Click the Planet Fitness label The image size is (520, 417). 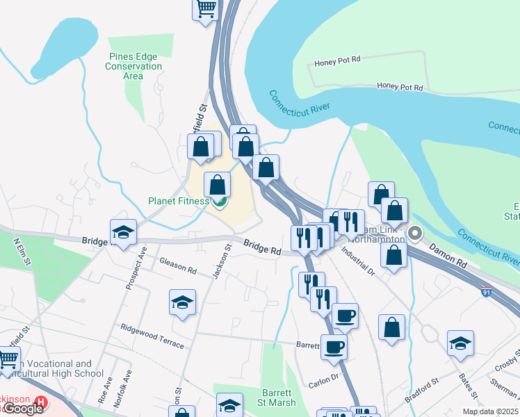coord(178,202)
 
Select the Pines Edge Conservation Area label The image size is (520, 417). coord(133,67)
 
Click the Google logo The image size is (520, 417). coord(22,408)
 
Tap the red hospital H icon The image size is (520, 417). coord(42,402)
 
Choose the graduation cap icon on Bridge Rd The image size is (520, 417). coord(123,232)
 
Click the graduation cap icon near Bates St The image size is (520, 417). coord(460,343)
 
